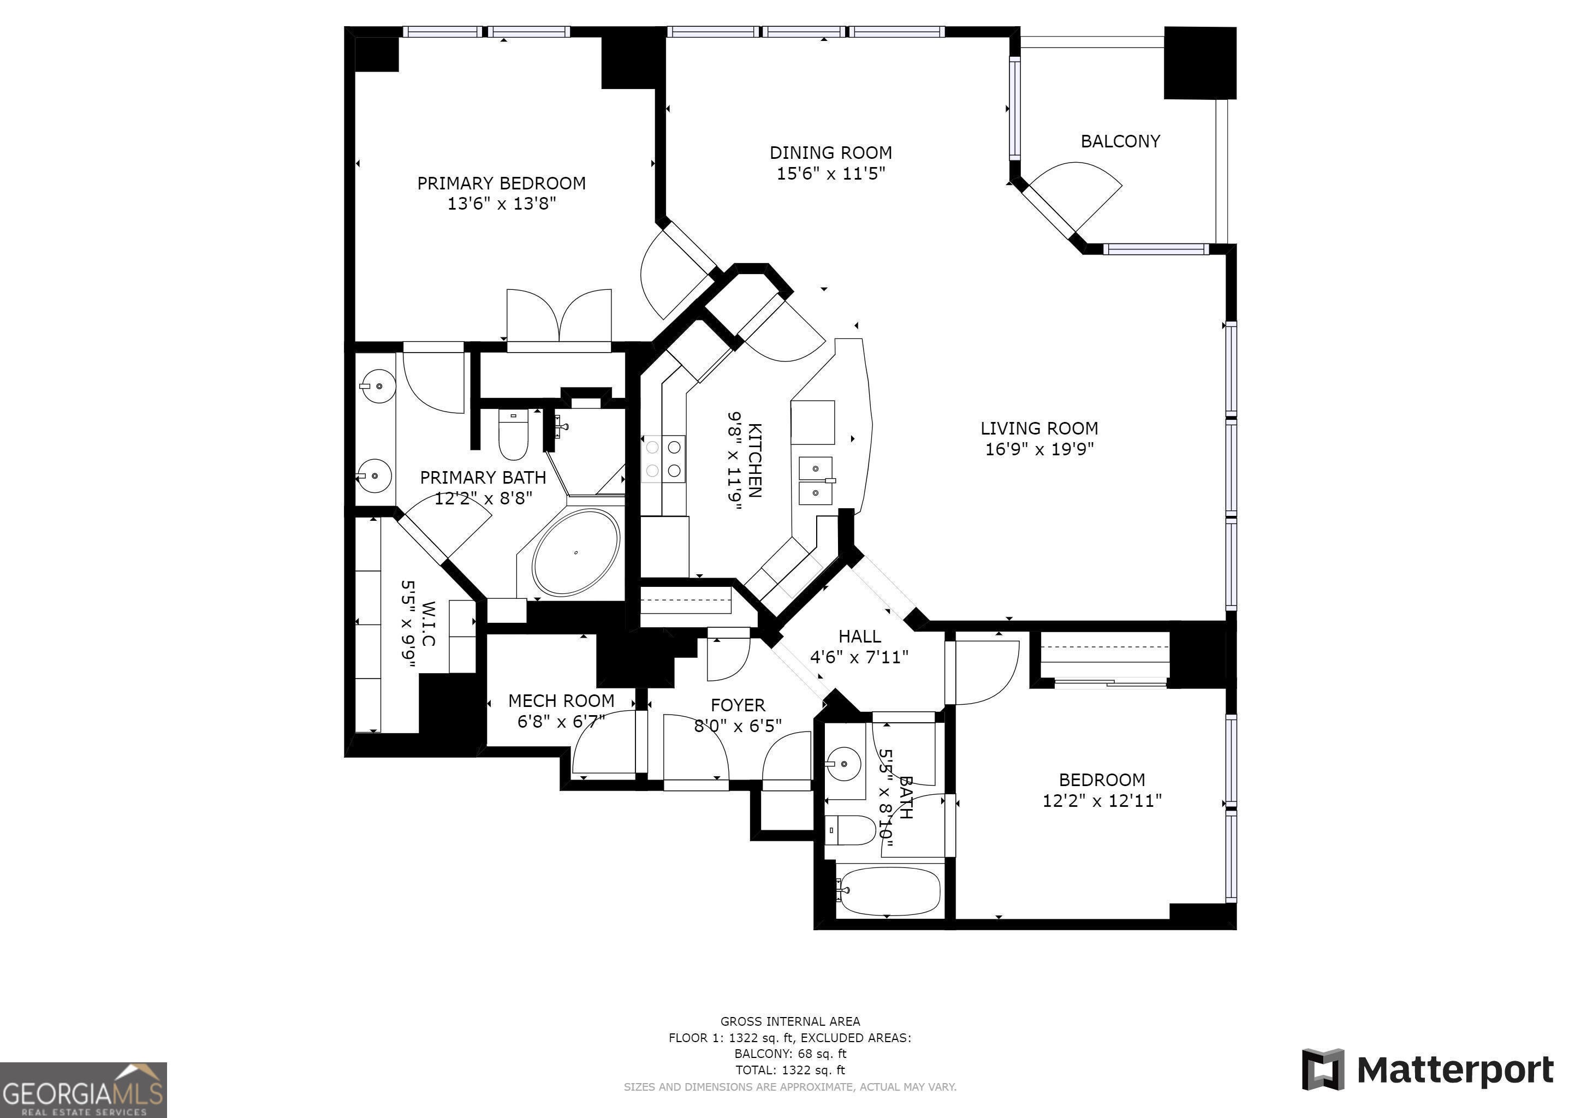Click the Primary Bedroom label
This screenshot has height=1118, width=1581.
click(x=501, y=183)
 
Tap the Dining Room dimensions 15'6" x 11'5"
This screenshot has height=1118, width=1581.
click(x=830, y=173)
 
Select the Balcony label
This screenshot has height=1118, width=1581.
click(x=1120, y=141)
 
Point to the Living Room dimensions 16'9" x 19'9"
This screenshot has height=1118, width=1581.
click(x=1039, y=449)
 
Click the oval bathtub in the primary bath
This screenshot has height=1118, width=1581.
click(x=575, y=552)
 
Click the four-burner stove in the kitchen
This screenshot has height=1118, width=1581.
click(x=664, y=459)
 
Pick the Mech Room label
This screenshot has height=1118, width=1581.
click(x=561, y=701)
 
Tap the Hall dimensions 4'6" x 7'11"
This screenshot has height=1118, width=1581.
click(x=859, y=657)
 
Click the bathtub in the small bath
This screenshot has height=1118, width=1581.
click(x=888, y=891)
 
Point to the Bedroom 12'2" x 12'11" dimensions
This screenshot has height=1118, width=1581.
click(x=1102, y=801)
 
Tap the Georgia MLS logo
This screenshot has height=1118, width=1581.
click(x=84, y=1090)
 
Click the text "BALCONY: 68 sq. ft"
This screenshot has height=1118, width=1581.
click(x=790, y=1053)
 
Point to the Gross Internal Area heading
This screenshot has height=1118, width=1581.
click(x=790, y=1021)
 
